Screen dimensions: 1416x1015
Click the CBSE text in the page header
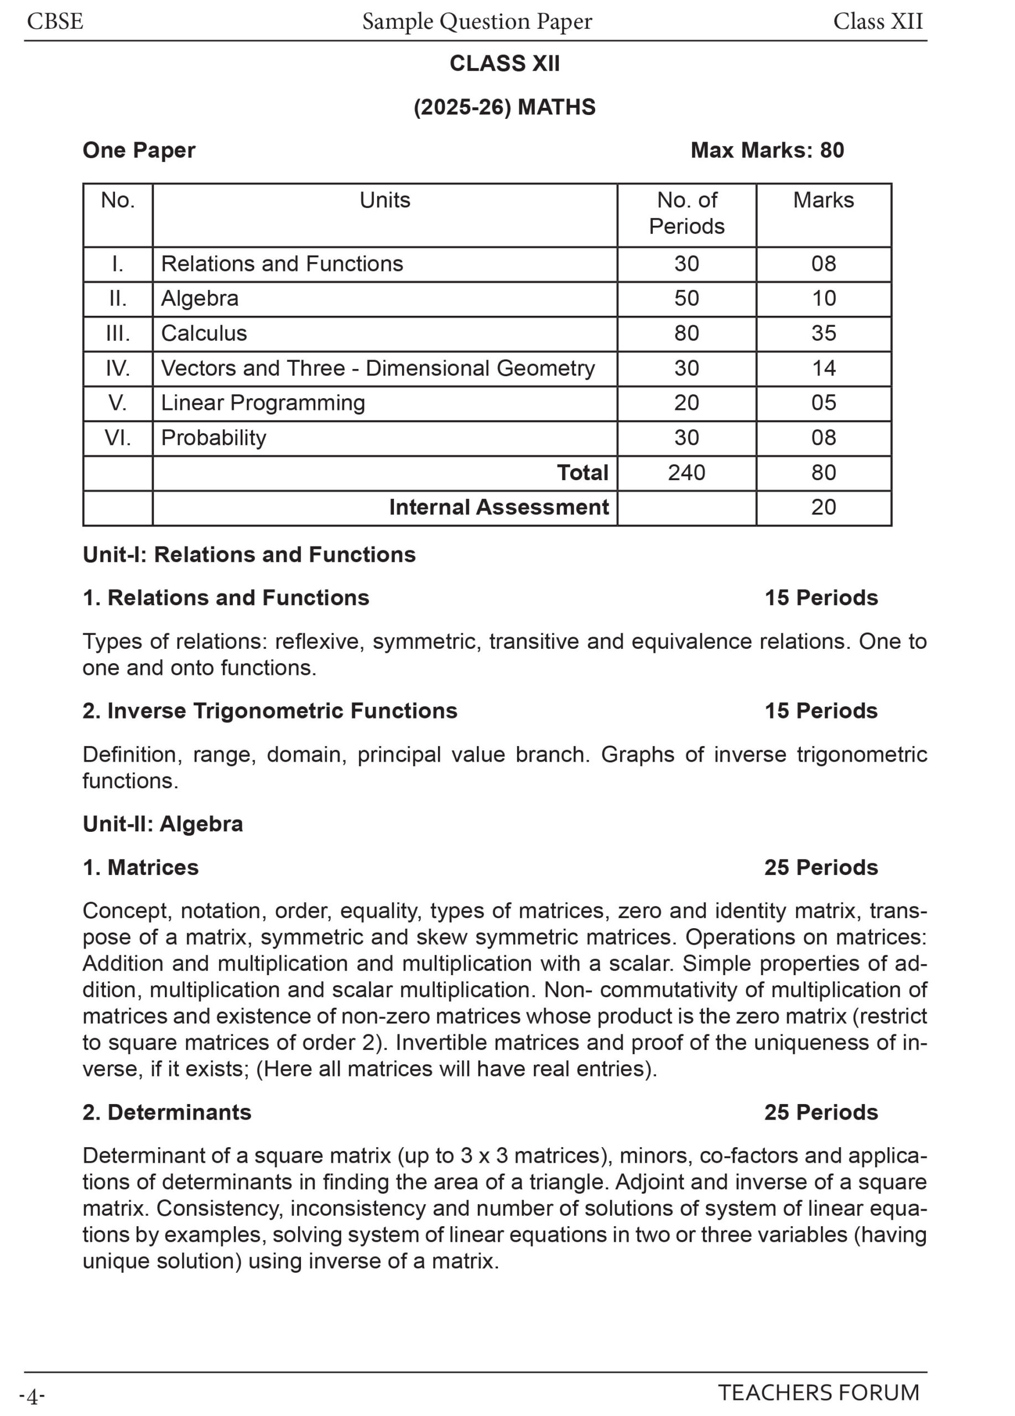click(55, 22)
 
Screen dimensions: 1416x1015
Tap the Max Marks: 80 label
click(767, 150)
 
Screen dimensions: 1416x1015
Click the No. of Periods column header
click(686, 213)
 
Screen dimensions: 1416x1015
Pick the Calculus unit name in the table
click(204, 334)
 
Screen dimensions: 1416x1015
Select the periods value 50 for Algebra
click(686, 299)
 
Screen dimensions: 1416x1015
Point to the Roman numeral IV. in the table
click(117, 368)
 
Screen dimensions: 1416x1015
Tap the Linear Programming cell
click(263, 403)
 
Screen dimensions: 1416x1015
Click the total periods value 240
click(686, 472)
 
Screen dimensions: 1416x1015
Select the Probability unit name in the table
click(214, 438)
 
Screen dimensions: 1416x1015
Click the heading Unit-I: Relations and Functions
click(249, 555)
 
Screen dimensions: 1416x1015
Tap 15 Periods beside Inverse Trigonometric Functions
click(821, 711)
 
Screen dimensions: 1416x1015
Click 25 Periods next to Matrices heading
click(821, 868)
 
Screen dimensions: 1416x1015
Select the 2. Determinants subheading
click(166, 1112)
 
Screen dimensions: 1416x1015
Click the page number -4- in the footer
click(32, 1396)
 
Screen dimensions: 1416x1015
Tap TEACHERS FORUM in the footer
click(819, 1393)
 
